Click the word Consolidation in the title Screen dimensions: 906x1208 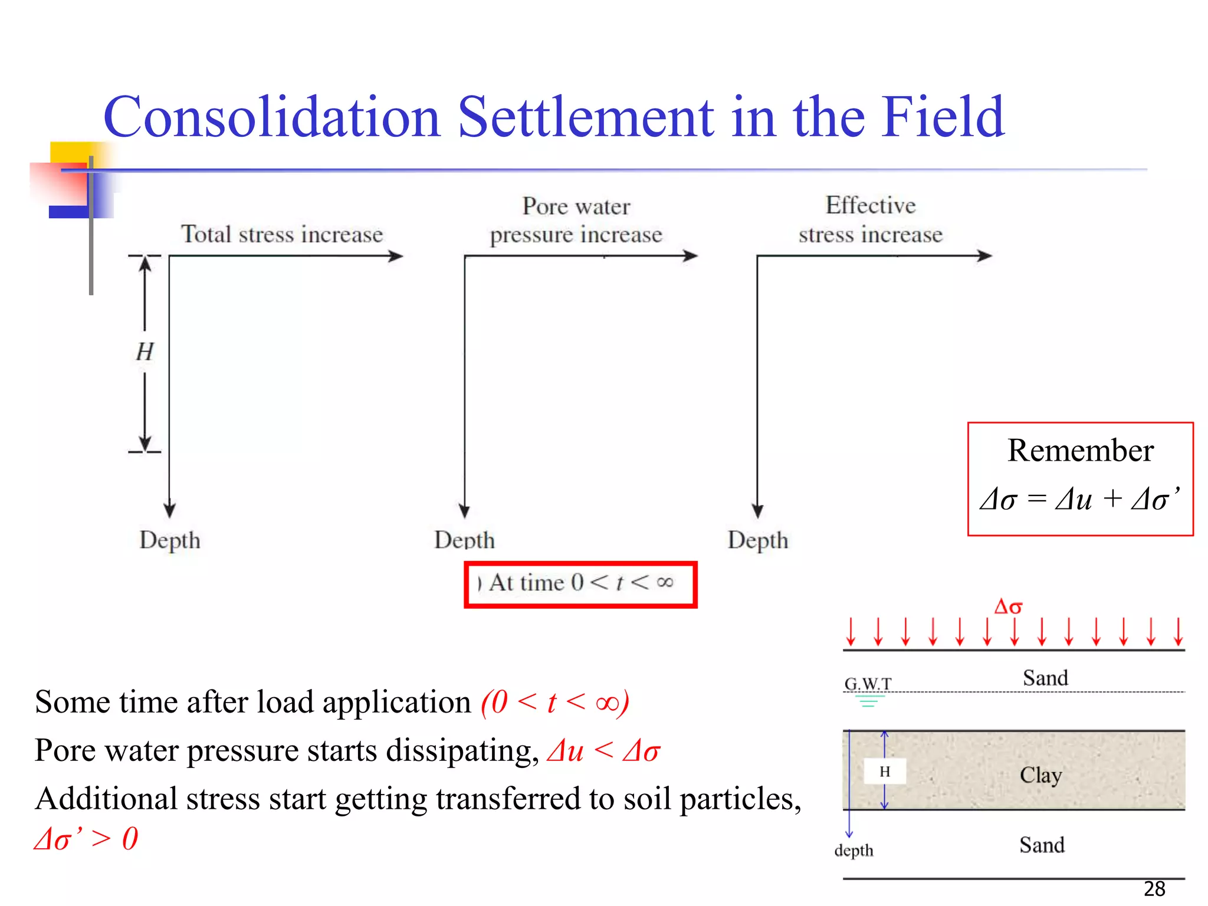[x=272, y=117]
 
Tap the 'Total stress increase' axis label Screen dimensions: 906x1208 [x=282, y=234]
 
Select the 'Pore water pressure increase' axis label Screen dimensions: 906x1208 [x=576, y=221]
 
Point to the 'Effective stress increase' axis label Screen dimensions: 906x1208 [x=871, y=220]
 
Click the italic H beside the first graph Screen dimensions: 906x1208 [x=145, y=352]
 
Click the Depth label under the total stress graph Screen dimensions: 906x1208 [x=170, y=540]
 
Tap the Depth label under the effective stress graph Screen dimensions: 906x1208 [x=758, y=540]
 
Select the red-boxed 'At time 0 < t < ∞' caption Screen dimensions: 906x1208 [x=580, y=583]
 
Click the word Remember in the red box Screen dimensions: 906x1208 [x=1080, y=451]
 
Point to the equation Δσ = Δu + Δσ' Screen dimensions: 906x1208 [x=1080, y=499]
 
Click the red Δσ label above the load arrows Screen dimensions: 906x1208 [x=1008, y=607]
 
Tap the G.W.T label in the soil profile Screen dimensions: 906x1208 [x=868, y=684]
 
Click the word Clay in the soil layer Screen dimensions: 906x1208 [x=1041, y=775]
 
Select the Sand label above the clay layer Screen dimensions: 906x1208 [x=1045, y=678]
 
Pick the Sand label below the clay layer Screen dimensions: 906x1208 [x=1042, y=845]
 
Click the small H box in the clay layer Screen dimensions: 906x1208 [x=885, y=772]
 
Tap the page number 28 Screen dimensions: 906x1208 [x=1154, y=889]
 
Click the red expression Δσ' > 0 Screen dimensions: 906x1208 [x=86, y=839]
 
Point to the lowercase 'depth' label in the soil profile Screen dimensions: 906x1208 [x=854, y=851]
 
